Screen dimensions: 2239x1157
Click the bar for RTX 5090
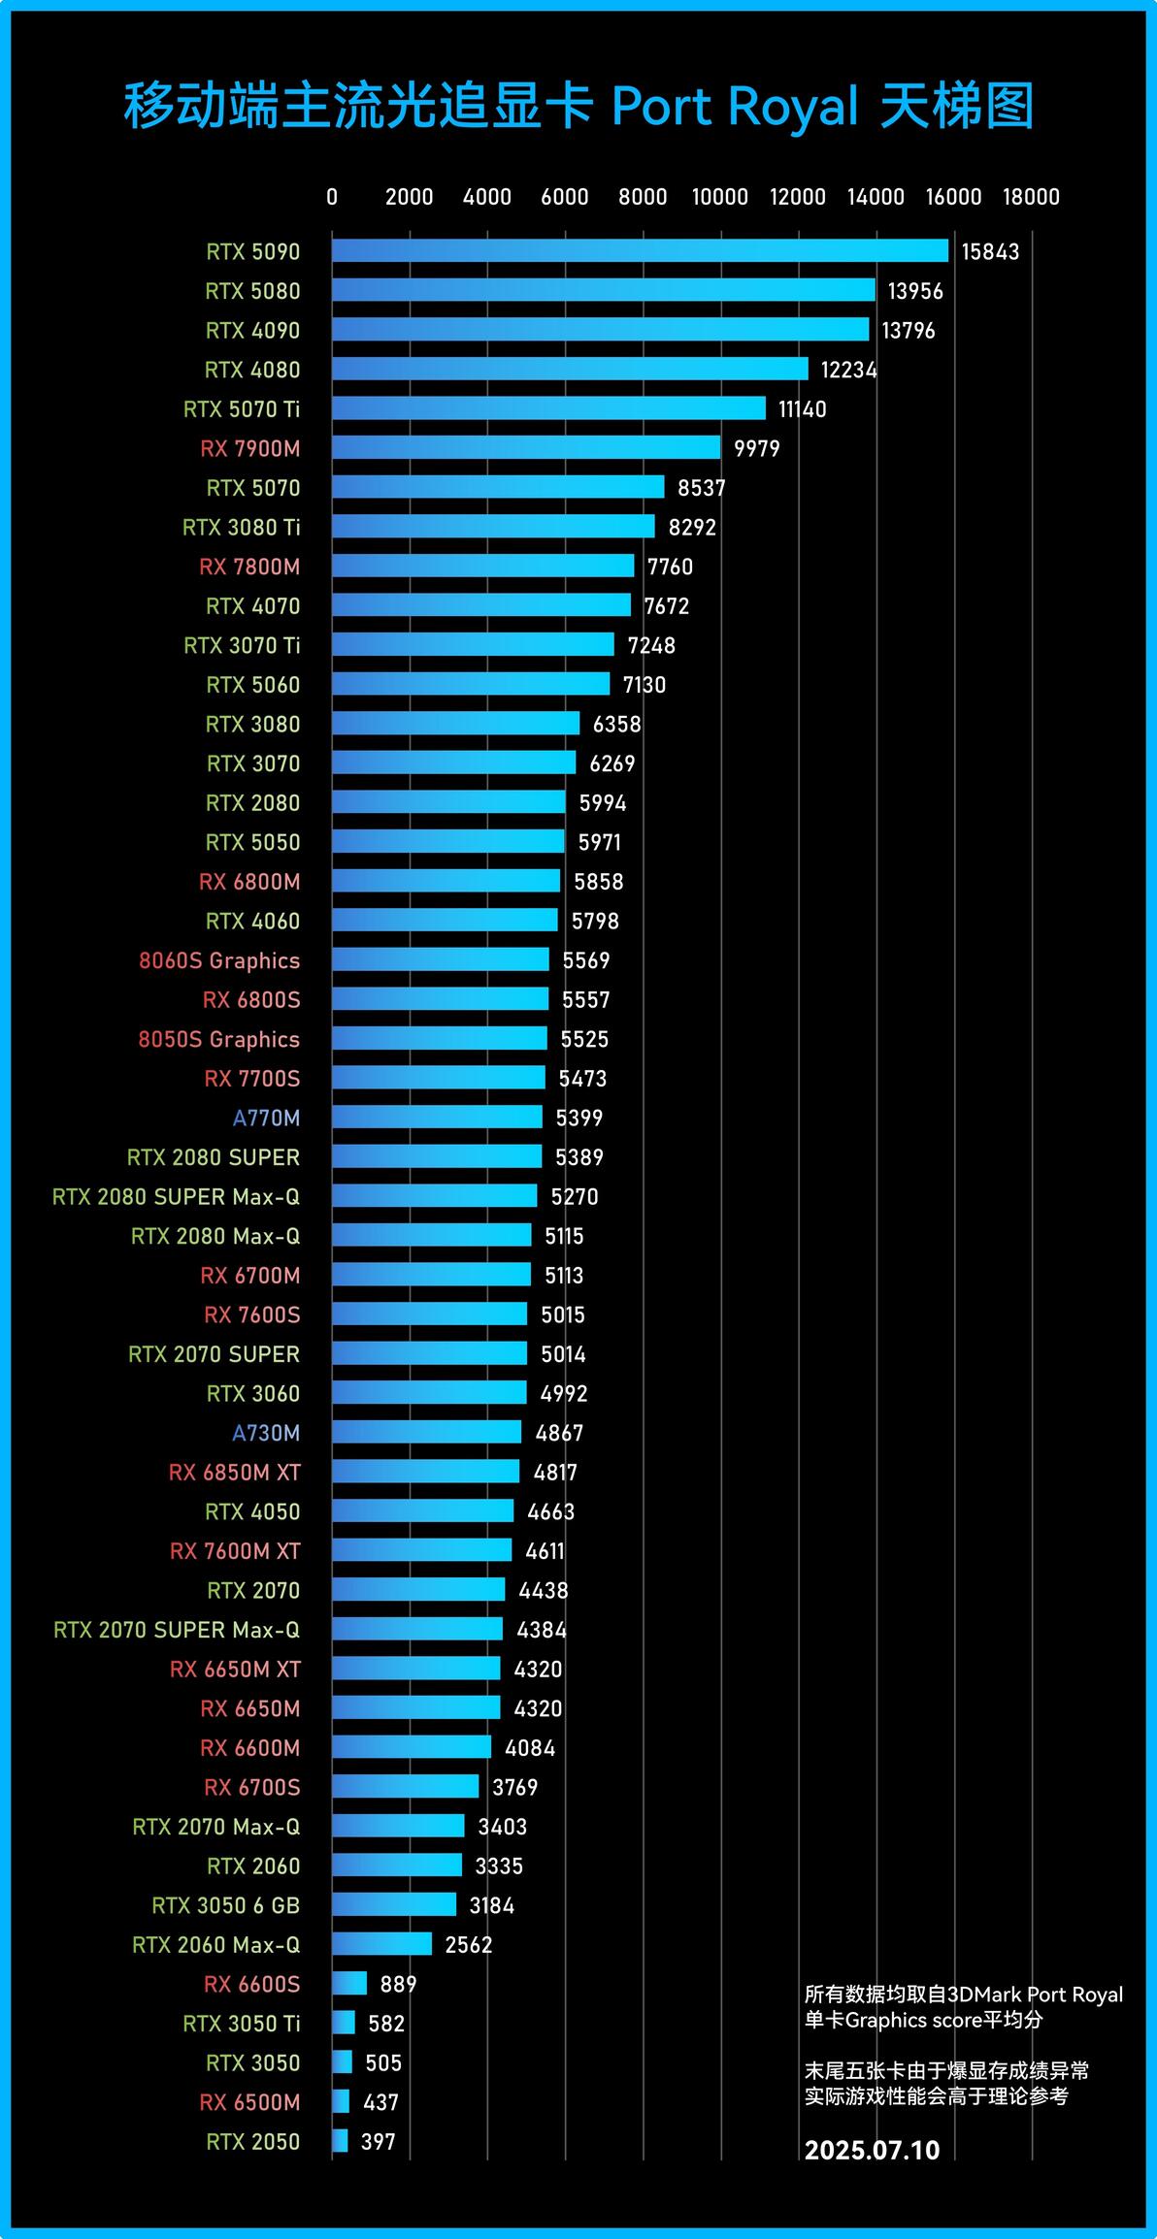click(x=640, y=250)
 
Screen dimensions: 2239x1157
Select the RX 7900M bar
click(x=526, y=447)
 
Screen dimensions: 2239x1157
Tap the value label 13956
click(x=914, y=291)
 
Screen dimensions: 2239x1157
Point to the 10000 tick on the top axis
click(x=719, y=197)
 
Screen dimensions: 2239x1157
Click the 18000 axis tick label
click(x=1031, y=197)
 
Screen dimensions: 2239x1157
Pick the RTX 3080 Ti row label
click(x=242, y=527)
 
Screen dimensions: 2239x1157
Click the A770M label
click(x=266, y=1118)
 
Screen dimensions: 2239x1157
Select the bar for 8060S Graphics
click(x=440, y=959)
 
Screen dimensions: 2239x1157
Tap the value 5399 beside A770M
click(x=579, y=1118)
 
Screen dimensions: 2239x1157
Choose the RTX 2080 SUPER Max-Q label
click(x=176, y=1196)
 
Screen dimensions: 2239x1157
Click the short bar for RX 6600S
click(x=349, y=1983)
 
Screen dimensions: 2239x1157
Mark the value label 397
click(x=378, y=2141)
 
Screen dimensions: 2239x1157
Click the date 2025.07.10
click(x=872, y=2150)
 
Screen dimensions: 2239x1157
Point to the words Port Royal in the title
click(x=735, y=107)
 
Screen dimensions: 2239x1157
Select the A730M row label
click(x=266, y=1432)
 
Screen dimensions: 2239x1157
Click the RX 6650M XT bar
click(x=415, y=1668)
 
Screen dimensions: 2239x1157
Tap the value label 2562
click(x=469, y=1944)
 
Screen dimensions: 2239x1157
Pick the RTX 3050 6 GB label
click(x=226, y=1904)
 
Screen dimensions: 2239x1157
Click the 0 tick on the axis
click(x=332, y=197)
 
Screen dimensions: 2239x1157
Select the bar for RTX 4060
click(x=445, y=920)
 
